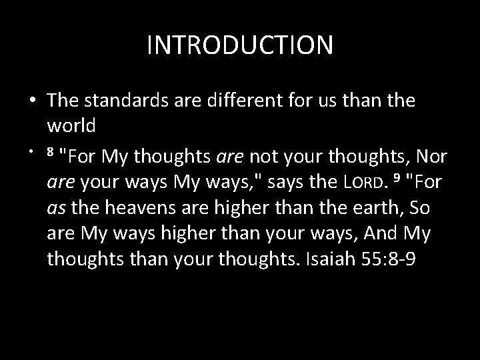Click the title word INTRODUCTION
240,45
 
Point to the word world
71,124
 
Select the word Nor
432,157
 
